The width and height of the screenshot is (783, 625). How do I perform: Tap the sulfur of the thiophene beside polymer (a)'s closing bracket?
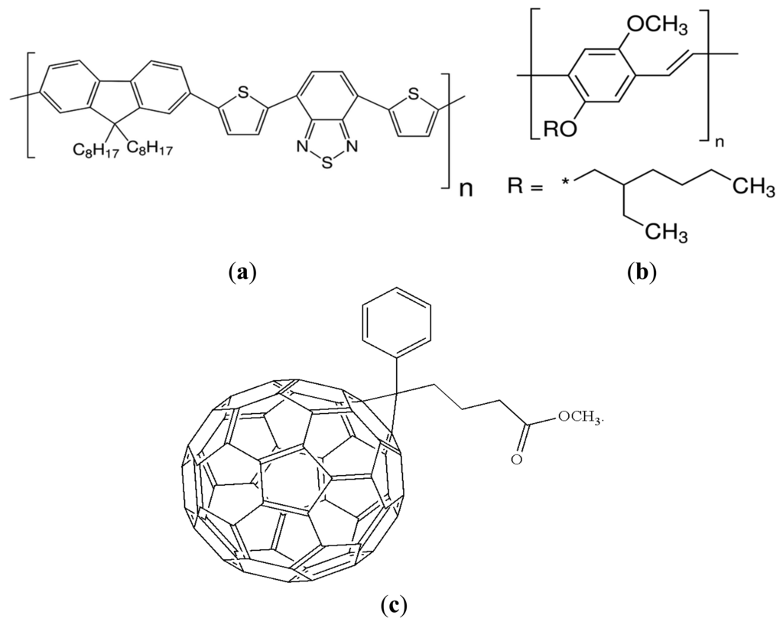tap(414, 94)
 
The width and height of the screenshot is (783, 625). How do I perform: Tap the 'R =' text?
tap(525, 186)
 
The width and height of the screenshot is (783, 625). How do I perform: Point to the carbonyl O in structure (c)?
tap(518, 461)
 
